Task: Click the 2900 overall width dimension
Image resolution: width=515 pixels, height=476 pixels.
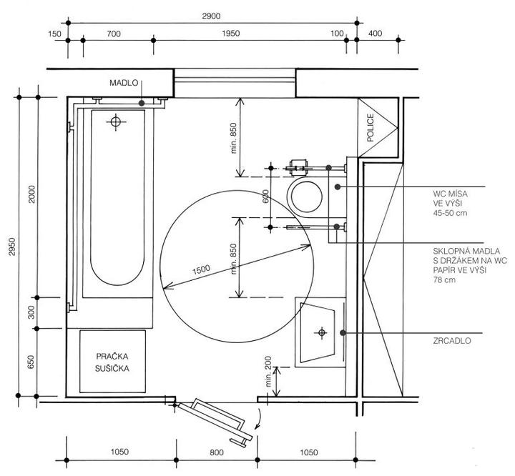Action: [x=211, y=16]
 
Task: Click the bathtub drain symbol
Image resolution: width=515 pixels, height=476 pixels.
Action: [x=114, y=122]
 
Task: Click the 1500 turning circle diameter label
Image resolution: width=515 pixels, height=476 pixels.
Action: [x=202, y=269]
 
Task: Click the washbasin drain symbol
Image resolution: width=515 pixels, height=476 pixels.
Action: [x=322, y=332]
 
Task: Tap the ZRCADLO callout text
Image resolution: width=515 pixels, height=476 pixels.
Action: [x=451, y=342]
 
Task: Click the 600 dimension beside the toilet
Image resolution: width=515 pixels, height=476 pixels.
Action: [x=265, y=197]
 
